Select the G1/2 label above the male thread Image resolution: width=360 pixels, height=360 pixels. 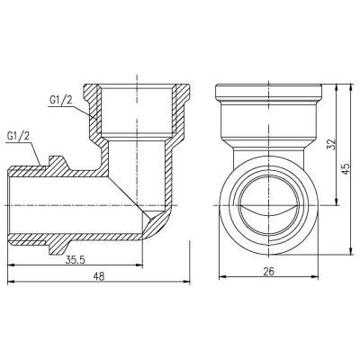pyautogui.click(x=19, y=137)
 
